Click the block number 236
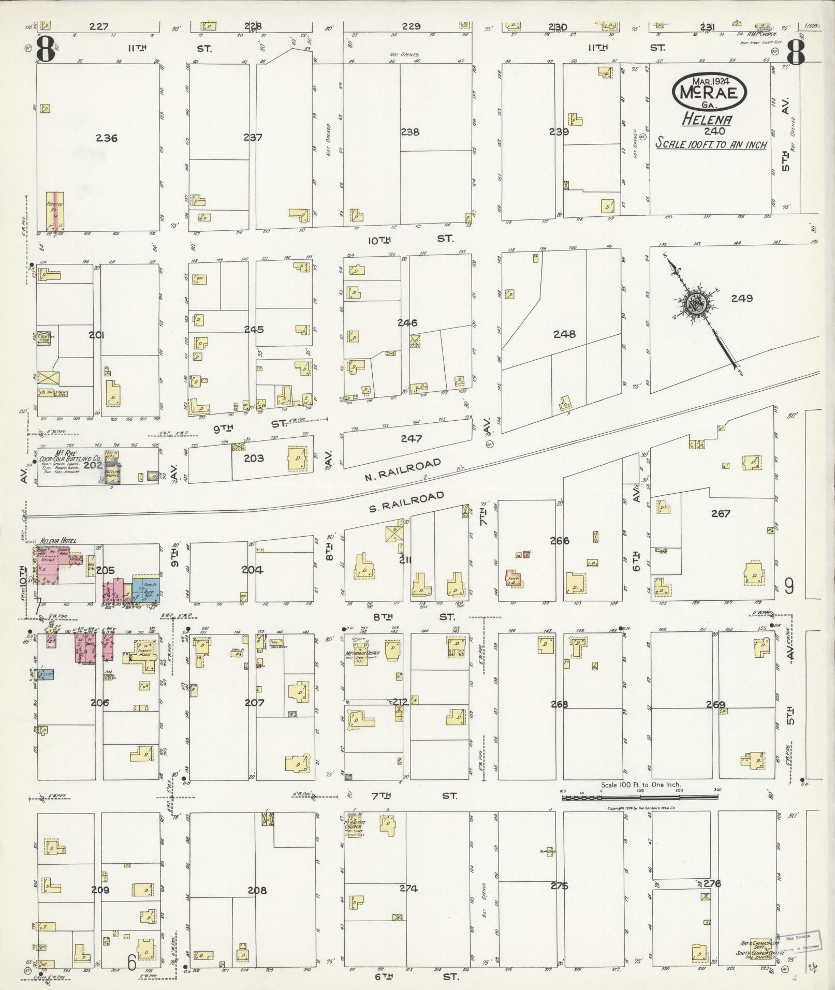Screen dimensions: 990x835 [x=107, y=138]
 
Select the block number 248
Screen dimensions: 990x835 [x=564, y=334]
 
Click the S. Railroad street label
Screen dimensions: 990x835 [x=406, y=502]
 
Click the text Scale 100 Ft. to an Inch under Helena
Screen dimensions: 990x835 [x=711, y=144]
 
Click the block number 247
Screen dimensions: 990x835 [x=411, y=439]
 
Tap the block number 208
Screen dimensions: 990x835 [x=257, y=890]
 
